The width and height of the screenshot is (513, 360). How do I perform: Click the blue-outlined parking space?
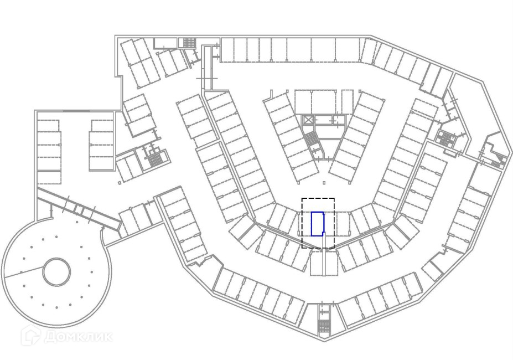tap(317, 224)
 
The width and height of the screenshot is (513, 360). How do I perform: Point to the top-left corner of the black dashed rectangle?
tap(302, 198)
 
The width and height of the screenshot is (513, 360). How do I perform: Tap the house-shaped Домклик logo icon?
tap(30, 336)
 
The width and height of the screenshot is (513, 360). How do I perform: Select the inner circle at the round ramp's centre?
tap(56, 272)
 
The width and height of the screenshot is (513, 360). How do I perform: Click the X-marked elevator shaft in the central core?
tap(308, 120)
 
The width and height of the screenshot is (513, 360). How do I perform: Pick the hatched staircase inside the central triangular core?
tap(313, 141)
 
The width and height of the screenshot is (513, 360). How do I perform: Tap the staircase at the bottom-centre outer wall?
tap(323, 320)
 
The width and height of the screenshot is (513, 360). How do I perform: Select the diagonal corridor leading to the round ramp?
tap(77, 208)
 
